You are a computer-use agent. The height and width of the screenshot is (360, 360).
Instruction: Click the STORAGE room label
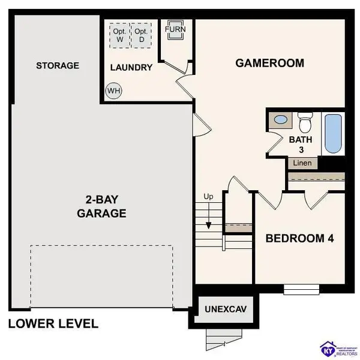coord(57,65)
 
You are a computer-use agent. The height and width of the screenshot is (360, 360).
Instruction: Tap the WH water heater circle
coord(113,91)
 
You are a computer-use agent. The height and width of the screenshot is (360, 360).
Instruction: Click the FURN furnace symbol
coord(175,31)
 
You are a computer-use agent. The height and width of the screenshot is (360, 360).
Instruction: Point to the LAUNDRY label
coord(131,67)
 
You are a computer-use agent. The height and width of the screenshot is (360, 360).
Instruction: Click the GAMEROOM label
coord(269,63)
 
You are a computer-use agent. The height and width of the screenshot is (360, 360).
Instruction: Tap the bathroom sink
coord(280,120)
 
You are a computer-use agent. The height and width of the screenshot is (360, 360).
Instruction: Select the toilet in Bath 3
coord(305,123)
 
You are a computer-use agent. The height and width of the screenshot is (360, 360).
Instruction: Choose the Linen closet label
coord(302,163)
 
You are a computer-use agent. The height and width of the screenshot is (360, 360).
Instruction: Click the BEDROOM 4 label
coord(299,238)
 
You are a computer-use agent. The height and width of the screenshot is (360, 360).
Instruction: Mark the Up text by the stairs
coord(209,196)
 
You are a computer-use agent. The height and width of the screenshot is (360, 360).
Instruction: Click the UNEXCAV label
coord(226,310)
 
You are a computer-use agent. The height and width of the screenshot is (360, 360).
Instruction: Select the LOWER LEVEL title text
coord(53,324)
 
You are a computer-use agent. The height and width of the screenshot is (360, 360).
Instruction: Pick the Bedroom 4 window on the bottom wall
coord(297,289)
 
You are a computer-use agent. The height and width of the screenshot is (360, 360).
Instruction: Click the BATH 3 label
coord(301,145)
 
